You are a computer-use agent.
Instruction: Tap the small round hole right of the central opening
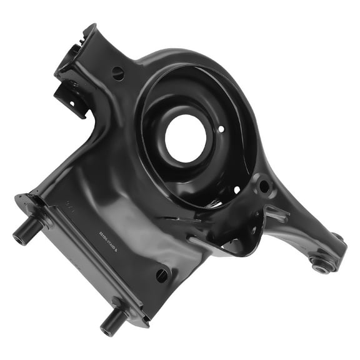pyautogui.click(x=221, y=129)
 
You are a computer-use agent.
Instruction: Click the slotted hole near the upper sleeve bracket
pyautogui.click(x=118, y=72)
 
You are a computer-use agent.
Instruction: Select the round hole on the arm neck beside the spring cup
pyautogui.click(x=264, y=186)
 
